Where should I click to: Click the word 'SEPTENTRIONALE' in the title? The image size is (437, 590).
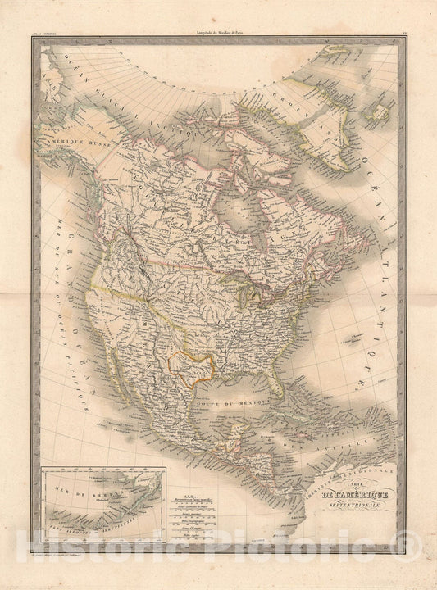[x=353, y=507]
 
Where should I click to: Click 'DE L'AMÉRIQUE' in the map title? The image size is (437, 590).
[x=353, y=494]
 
